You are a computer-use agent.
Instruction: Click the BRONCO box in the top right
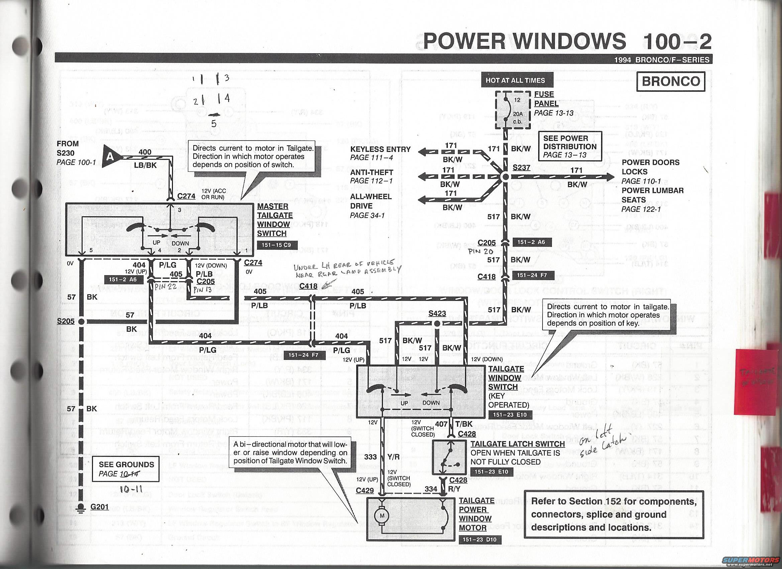click(671, 81)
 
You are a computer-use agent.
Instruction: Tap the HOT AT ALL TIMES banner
click(515, 80)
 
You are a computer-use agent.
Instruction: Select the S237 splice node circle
click(505, 177)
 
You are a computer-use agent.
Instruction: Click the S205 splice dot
click(81, 322)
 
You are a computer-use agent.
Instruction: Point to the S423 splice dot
click(437, 324)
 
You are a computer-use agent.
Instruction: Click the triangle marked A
click(111, 157)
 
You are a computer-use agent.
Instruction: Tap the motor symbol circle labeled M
click(382, 515)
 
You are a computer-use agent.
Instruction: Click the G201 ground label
click(99, 507)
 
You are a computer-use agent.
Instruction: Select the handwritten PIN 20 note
click(480, 252)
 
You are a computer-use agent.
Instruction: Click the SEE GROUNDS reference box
click(126, 469)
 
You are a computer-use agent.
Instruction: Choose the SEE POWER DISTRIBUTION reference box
click(570, 146)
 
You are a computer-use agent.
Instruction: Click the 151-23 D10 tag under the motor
click(479, 540)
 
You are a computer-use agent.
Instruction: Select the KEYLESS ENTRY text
click(380, 149)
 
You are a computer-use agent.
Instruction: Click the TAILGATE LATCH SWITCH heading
click(517, 444)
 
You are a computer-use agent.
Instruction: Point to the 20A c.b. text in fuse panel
click(517, 118)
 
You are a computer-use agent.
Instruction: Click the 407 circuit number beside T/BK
click(442, 424)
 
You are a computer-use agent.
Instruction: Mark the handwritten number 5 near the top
click(214, 124)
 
